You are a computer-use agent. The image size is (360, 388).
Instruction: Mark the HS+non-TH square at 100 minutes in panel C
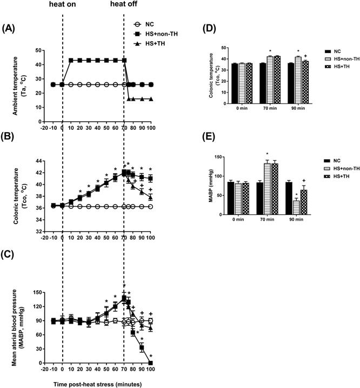point(150,363)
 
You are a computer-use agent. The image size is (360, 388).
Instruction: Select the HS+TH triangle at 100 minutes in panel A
point(150,99)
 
